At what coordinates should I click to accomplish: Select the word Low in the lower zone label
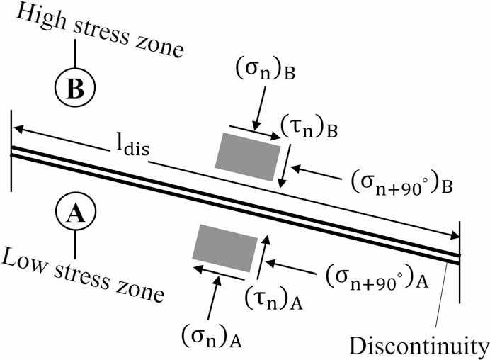25,261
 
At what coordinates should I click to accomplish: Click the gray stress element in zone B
248,157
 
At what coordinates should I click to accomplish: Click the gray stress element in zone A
225,248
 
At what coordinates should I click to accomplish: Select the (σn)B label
266,72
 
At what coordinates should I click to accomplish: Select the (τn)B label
309,128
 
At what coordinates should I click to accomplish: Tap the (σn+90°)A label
377,277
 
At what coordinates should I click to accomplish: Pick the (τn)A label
273,299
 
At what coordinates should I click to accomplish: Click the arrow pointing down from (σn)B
261,108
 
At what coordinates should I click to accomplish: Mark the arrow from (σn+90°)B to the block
317,173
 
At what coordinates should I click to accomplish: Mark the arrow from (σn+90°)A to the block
290,266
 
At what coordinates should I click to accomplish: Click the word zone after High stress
160,48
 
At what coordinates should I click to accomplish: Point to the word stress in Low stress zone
82,279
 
